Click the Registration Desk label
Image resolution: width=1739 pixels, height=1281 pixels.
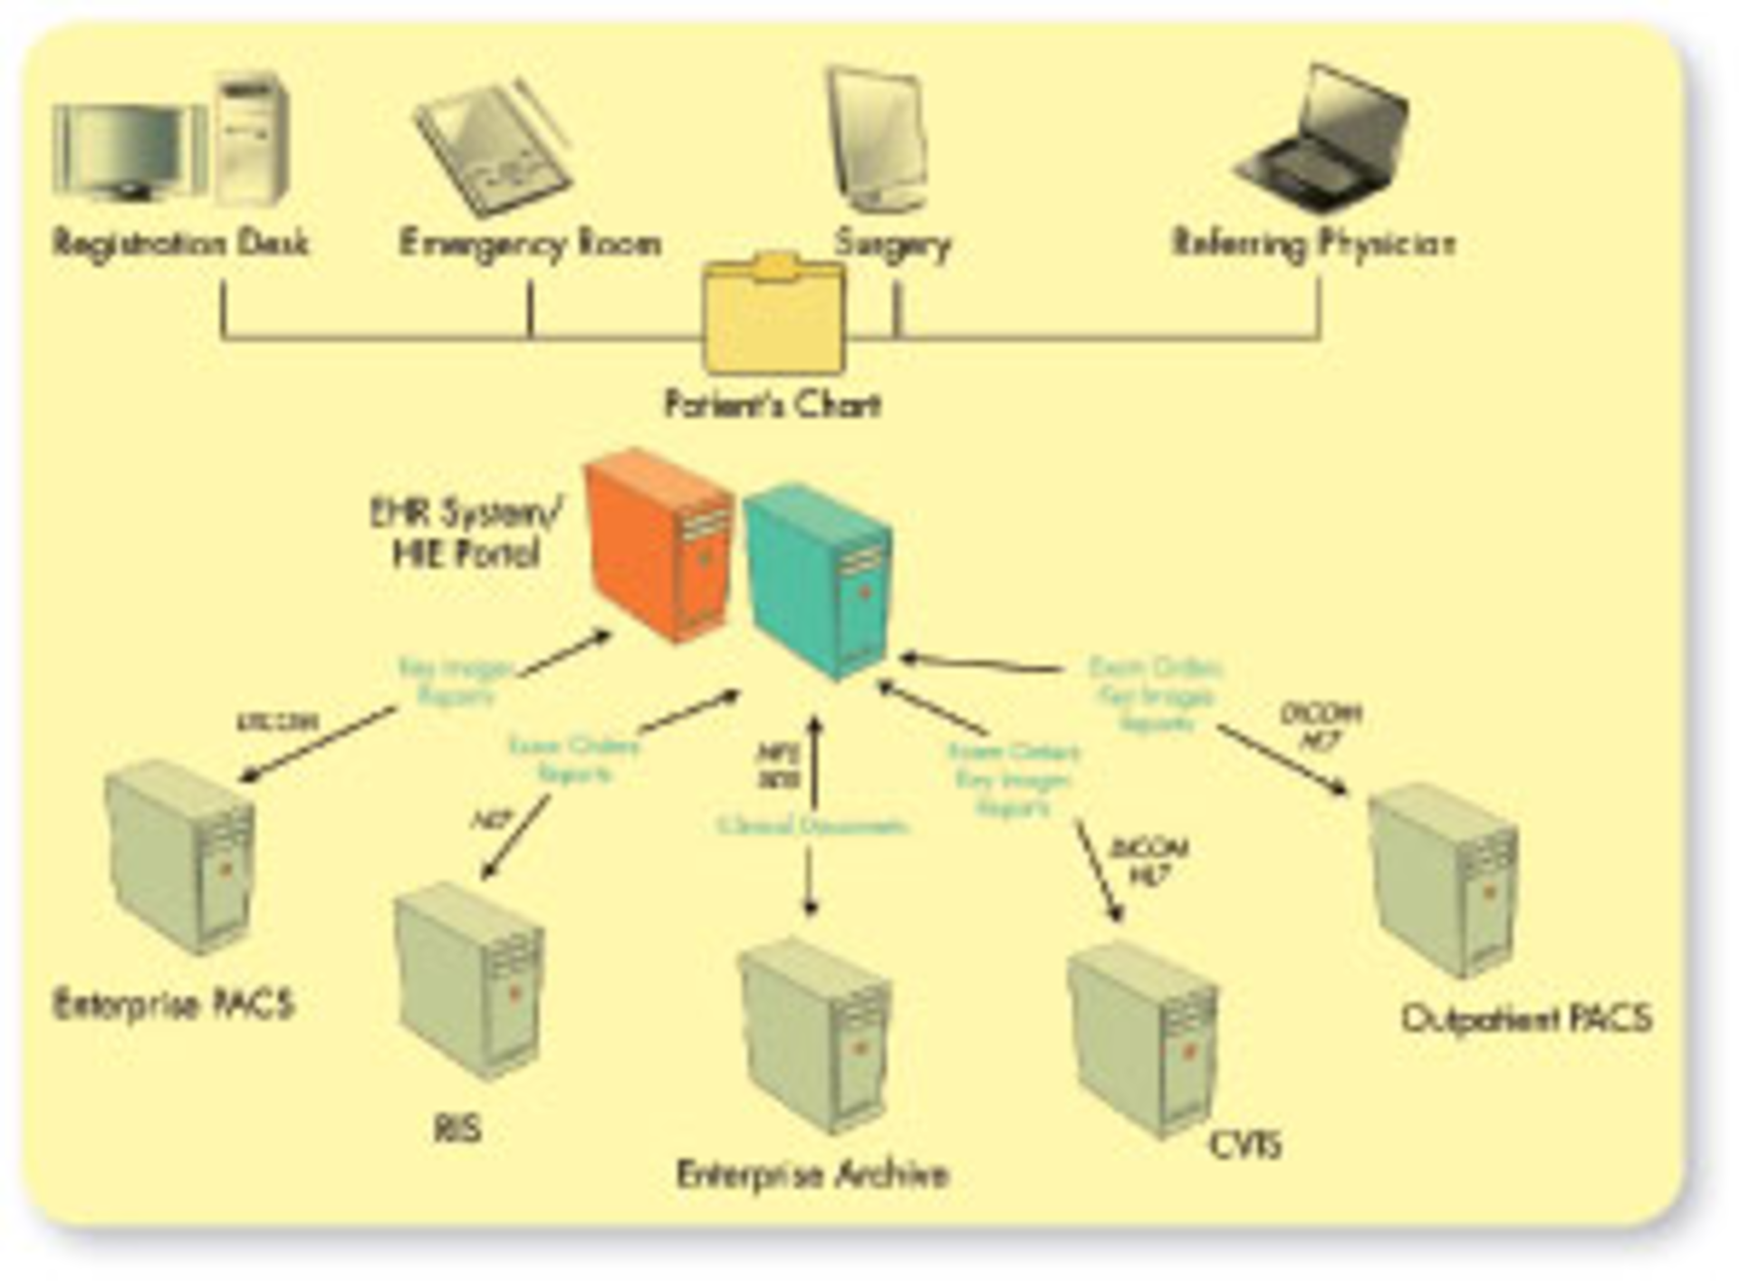(x=180, y=243)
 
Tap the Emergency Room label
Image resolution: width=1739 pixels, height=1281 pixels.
(x=530, y=243)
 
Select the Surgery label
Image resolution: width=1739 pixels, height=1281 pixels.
(x=893, y=244)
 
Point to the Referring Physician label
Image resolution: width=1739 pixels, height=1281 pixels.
(x=1313, y=243)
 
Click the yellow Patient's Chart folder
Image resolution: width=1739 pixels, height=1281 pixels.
(x=774, y=315)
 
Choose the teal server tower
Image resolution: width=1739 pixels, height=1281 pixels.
(x=819, y=580)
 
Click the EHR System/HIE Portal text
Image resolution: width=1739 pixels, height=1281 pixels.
(x=466, y=533)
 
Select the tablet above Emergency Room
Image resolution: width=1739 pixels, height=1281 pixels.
(x=494, y=149)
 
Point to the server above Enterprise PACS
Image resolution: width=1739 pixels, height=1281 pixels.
(x=180, y=856)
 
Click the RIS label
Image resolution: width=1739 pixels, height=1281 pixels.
(x=457, y=1129)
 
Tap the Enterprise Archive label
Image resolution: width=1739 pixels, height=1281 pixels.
(x=812, y=1174)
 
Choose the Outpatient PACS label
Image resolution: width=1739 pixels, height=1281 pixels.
(x=1526, y=1019)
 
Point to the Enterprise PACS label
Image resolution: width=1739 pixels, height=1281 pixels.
(x=174, y=1004)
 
